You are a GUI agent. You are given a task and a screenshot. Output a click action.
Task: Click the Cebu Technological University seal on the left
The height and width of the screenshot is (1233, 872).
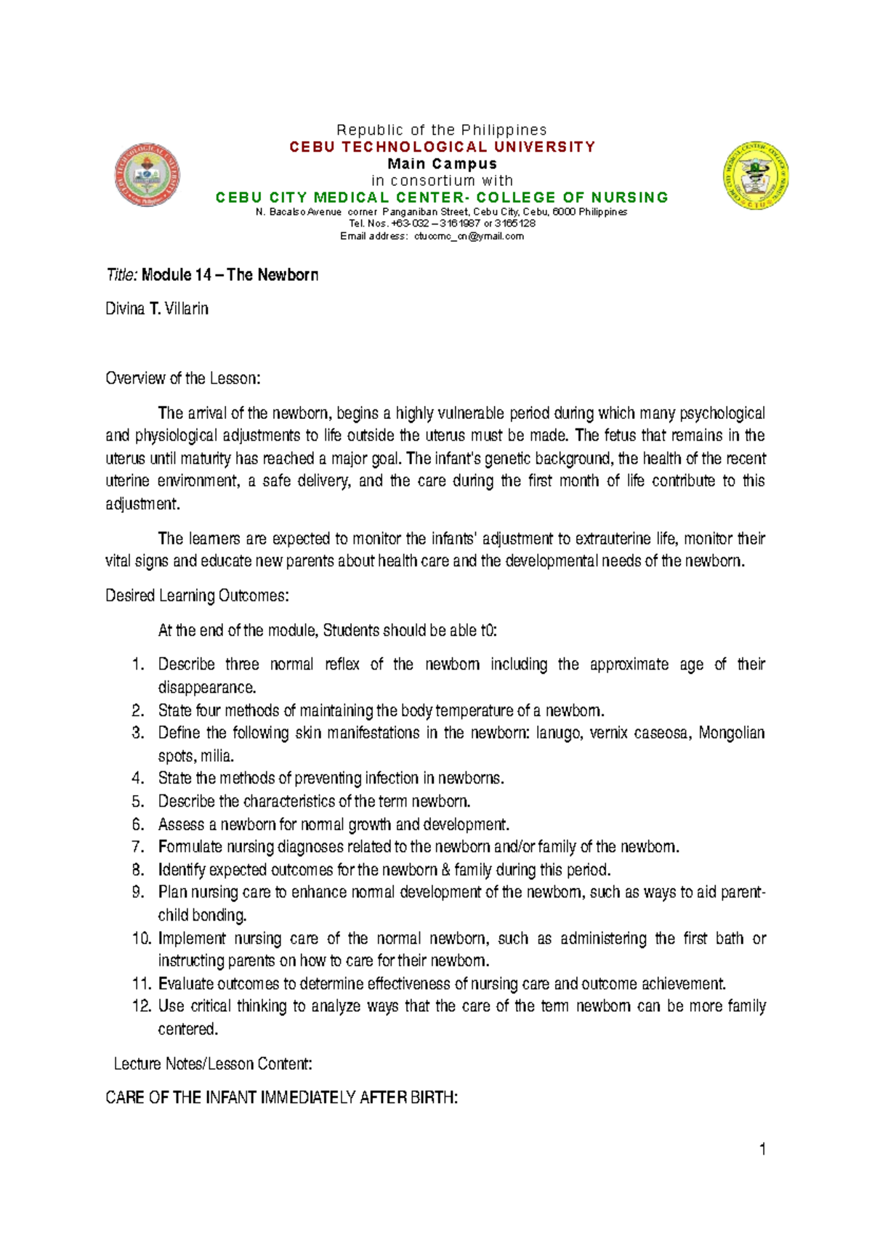click(x=148, y=175)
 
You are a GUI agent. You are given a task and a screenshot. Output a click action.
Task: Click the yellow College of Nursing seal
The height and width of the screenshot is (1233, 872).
click(x=756, y=176)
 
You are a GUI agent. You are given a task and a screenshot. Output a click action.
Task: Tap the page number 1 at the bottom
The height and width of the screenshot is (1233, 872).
click(x=762, y=1149)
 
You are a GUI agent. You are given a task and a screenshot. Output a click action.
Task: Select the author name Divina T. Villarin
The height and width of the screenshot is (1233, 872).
click(x=157, y=309)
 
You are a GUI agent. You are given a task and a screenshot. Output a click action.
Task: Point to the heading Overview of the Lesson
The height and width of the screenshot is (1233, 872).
click(x=182, y=378)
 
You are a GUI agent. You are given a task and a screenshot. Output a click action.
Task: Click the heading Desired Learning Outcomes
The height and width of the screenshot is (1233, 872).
click(x=197, y=596)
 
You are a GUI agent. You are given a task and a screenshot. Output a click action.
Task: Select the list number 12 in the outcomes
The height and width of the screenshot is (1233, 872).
click(x=141, y=1006)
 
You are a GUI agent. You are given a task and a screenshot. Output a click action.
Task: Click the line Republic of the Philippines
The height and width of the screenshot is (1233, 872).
click(x=441, y=130)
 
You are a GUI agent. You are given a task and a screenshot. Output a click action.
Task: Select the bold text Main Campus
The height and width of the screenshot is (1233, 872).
click(x=442, y=164)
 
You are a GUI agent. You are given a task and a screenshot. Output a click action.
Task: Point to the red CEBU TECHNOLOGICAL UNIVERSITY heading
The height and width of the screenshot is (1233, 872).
click(x=442, y=147)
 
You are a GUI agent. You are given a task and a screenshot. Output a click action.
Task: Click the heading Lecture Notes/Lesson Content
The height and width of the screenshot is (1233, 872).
click(x=213, y=1064)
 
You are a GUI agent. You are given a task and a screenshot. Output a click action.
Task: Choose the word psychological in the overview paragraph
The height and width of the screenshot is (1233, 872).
click(x=722, y=414)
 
